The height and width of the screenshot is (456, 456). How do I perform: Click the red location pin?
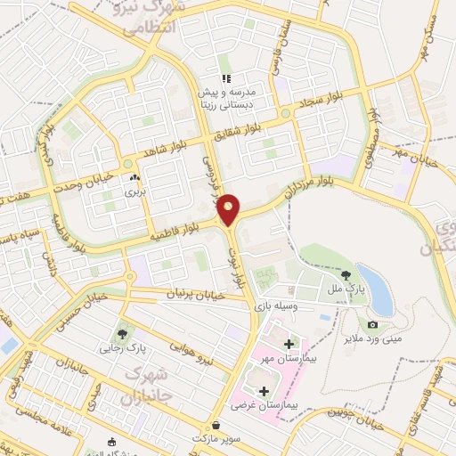[x=230, y=209]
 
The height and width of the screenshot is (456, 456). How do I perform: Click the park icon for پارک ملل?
[x=346, y=274]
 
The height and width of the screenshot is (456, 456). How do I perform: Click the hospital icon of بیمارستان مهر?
[x=287, y=344]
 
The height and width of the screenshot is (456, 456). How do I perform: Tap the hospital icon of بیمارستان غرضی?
[x=263, y=390]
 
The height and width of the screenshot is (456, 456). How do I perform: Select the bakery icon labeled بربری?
[x=134, y=178]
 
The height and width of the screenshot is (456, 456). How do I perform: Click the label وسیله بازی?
[x=275, y=305]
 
